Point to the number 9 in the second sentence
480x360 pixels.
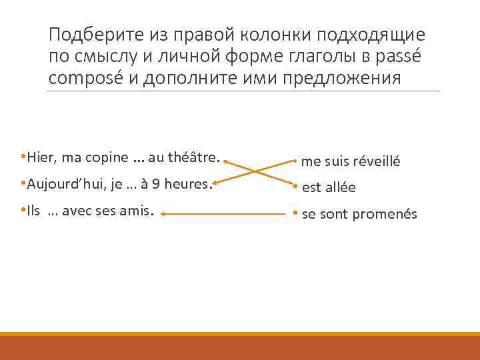(155, 184)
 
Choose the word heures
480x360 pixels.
(186, 184)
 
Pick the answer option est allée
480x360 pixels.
(329, 188)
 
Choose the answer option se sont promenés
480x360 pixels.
(359, 214)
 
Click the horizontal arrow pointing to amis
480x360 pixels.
(223, 214)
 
